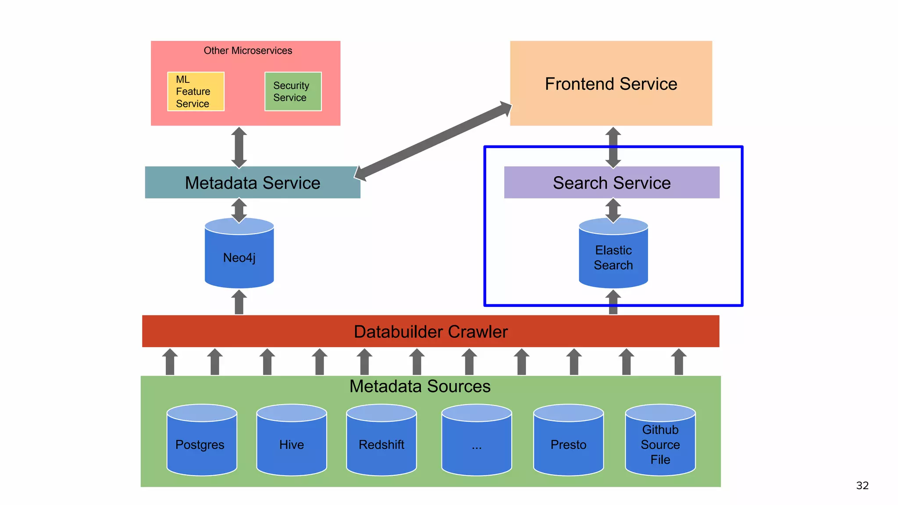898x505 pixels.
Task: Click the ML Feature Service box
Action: (196, 92)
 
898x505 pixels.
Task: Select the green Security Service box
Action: (293, 92)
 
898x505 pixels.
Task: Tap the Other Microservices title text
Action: (248, 51)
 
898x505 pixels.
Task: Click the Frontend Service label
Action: (611, 84)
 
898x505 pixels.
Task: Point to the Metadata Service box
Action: (253, 183)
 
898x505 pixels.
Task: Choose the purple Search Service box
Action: (612, 183)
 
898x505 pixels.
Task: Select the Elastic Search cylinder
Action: (613, 258)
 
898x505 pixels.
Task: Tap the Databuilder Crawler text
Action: (431, 332)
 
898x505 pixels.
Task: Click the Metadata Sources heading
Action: (420, 386)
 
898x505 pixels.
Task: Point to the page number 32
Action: (862, 486)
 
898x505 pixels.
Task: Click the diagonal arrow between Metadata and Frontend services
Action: (433, 141)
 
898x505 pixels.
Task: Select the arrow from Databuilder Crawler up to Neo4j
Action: (239, 303)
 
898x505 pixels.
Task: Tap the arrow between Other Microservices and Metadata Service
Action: (239, 148)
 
